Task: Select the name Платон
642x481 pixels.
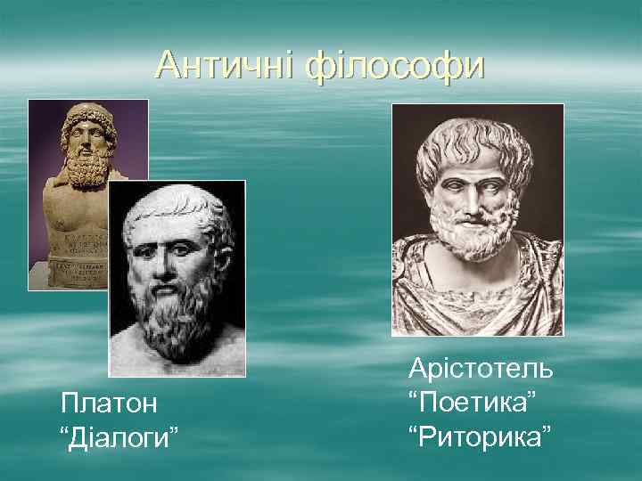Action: click(109, 403)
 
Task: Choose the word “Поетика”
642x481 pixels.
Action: click(473, 403)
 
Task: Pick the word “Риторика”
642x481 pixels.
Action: click(480, 436)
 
